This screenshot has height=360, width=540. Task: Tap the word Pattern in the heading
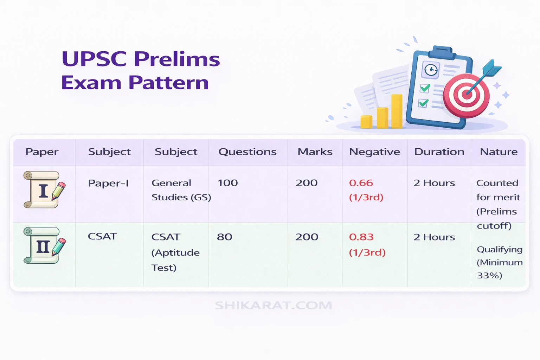pos(168,83)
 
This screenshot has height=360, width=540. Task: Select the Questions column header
pos(247,152)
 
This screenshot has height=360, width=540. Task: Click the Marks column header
pos(315,152)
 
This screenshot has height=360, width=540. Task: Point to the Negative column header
pos(374,152)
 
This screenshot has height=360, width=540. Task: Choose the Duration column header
pos(439,152)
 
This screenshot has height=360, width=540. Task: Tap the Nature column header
pos(499,152)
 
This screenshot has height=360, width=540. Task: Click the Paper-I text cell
pos(108,183)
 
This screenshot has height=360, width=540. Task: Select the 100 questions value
pos(227,183)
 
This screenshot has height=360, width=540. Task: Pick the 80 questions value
pos(224,237)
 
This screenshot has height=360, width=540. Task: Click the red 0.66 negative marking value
pos(361,183)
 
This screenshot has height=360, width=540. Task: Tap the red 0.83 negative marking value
pos(361,237)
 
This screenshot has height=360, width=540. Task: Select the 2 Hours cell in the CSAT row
pos(434,237)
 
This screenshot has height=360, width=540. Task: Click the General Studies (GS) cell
pos(181,190)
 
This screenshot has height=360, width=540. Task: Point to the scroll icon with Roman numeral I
pos(44,190)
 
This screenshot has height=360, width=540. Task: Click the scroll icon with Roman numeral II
pos(44,246)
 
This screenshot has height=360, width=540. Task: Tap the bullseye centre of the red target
pos(467,94)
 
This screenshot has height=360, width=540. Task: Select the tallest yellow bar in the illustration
pos(397,111)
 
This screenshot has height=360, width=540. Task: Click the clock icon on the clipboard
pos(431,70)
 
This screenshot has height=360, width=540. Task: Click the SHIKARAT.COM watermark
pos(273,306)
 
